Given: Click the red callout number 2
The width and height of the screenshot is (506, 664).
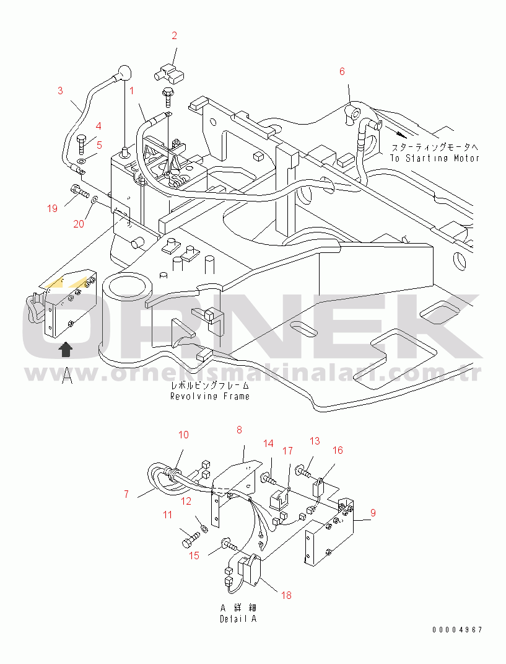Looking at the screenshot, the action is (174, 35).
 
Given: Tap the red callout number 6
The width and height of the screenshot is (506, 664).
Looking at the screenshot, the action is (342, 71).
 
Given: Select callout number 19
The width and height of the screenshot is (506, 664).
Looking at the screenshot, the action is (52, 208).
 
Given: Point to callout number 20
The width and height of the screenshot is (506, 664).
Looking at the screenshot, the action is (79, 223).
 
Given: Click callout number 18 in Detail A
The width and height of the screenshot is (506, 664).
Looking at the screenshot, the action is (286, 595).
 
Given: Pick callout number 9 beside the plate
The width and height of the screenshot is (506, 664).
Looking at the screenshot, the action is (373, 513).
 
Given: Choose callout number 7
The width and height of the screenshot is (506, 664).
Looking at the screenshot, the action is (126, 494).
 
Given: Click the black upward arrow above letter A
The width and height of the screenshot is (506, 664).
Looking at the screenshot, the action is (66, 350).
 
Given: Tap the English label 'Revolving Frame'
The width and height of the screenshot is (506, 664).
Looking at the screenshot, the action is (210, 396).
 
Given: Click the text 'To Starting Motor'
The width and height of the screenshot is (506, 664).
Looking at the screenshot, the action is (435, 158).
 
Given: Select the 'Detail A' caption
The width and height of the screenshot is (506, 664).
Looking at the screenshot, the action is (238, 619).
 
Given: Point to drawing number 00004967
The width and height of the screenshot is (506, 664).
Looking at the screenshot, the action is (457, 630).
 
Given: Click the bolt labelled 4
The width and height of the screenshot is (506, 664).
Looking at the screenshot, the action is (82, 144).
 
